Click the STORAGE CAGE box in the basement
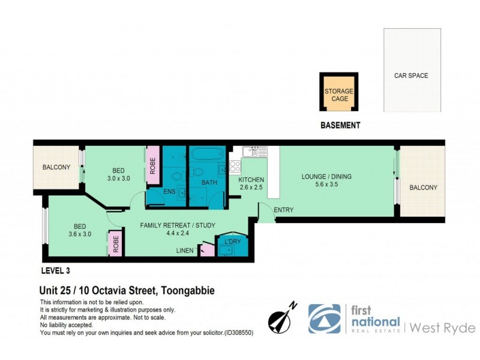339,93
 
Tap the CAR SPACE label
411,76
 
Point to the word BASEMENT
340,125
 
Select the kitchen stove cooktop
235,166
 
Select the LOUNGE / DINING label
326,176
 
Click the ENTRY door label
283,210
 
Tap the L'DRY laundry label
232,241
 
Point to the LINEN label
185,250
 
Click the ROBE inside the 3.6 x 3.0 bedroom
116,244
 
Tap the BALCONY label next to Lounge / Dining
423,188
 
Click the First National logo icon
325,319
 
